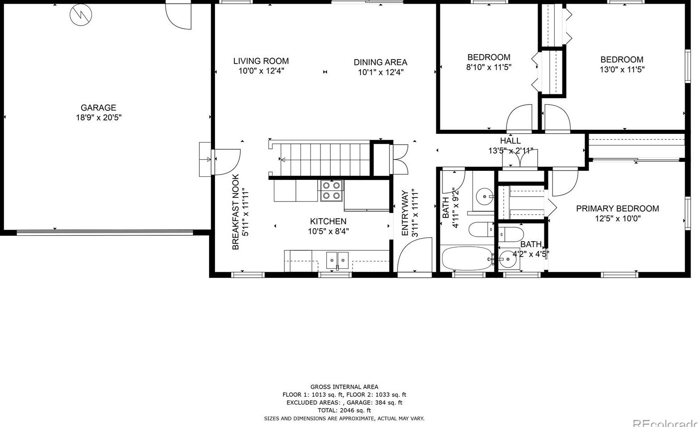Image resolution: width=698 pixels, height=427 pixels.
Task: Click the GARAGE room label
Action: [99, 108]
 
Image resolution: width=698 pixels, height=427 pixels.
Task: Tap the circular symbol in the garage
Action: [81, 14]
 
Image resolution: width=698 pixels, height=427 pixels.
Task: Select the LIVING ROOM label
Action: [261, 61]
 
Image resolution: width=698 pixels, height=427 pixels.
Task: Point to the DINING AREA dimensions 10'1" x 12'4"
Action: [381, 72]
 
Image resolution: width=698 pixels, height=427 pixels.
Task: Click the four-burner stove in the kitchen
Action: [331, 190]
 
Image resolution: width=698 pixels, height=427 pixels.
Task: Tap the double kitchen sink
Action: [337, 261]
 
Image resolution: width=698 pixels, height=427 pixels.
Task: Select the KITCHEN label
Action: [328, 221]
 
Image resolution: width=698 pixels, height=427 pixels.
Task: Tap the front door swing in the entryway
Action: [415, 255]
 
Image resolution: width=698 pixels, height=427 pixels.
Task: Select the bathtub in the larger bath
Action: [467, 258]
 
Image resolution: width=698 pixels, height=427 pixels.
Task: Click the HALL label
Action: [511, 141]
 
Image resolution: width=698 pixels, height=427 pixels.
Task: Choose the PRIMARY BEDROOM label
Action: [617, 208]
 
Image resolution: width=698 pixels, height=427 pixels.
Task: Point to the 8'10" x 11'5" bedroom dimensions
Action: [488, 67]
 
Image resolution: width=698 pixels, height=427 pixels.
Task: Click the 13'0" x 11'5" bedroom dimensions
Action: [622, 69]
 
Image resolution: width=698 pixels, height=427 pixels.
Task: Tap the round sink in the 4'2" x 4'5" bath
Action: [507, 259]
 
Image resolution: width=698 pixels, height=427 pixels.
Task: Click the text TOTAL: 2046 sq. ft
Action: [344, 410]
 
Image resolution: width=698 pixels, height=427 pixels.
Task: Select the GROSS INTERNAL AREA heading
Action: [344, 387]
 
